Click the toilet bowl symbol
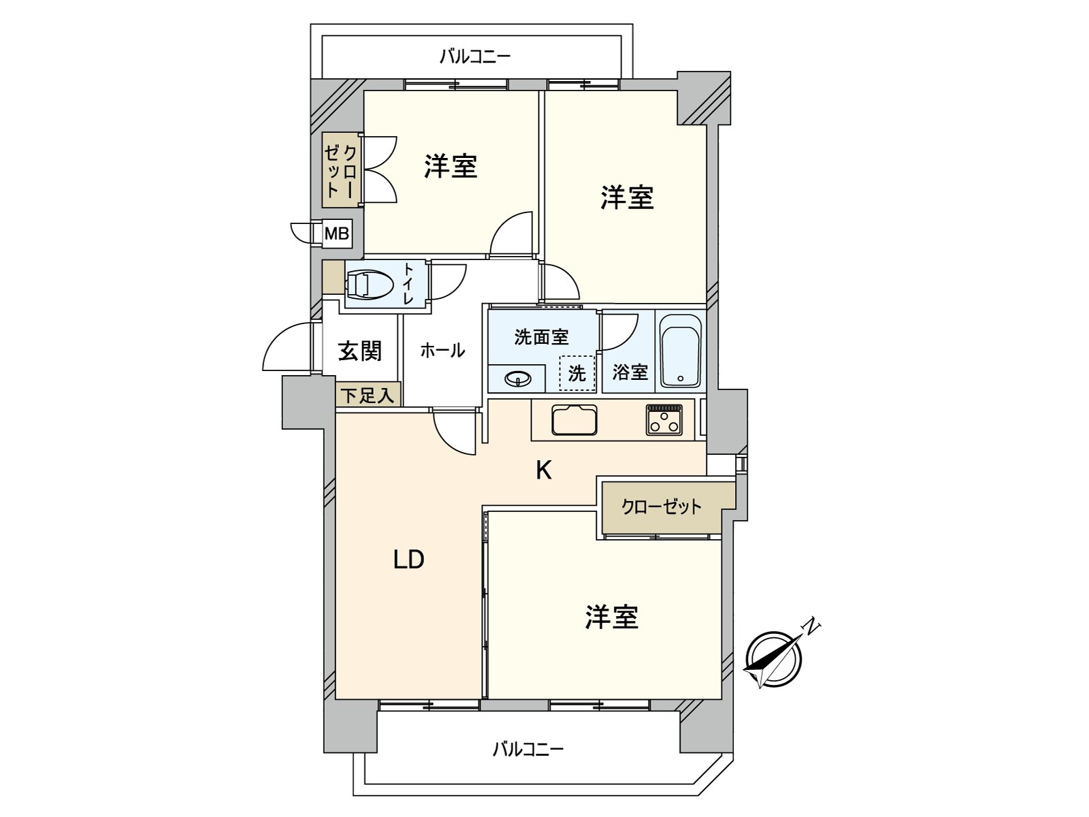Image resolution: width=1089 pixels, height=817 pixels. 369,283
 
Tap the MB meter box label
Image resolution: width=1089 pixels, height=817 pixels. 336,234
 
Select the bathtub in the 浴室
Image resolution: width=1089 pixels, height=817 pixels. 680,351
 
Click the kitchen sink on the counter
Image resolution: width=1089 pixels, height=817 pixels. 574,419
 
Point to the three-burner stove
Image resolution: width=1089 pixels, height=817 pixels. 664,419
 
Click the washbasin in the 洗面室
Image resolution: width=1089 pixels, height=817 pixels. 517,378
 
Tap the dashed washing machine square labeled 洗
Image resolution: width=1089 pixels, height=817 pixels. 576,373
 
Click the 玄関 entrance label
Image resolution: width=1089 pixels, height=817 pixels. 359,351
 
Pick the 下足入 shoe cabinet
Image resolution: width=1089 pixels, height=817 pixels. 368,395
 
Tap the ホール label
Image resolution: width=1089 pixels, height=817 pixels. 442,351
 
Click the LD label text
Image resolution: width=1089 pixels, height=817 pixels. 408,560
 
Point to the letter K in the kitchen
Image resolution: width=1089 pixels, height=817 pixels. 543,470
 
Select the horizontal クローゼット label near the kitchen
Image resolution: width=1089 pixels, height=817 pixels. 661,507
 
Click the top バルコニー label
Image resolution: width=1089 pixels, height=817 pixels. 474,56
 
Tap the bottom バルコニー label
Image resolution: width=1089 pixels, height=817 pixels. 528,750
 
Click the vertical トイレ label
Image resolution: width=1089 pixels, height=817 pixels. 408,284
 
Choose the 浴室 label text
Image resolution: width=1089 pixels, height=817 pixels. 630,372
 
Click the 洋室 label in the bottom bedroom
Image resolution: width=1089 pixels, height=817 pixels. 611,617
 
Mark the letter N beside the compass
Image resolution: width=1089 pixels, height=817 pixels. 811,626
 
